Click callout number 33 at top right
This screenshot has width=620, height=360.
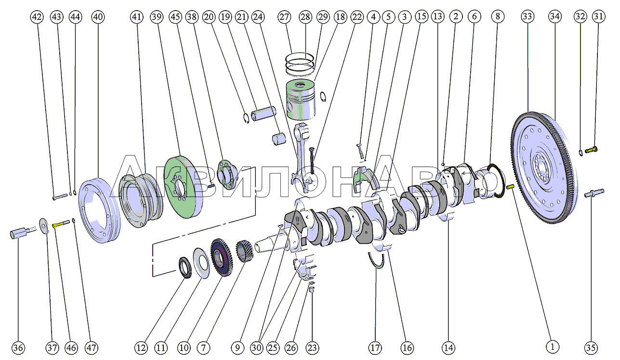pyautogui.click(x=528, y=17)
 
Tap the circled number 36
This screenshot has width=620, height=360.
pyautogui.click(x=18, y=347)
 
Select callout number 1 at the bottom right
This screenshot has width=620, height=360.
pyautogui.click(x=553, y=346)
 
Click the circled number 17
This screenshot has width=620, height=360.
pyautogui.click(x=375, y=347)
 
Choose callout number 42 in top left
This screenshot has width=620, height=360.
pyautogui.click(x=37, y=17)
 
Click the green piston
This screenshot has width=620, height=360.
pyautogui.click(x=301, y=99)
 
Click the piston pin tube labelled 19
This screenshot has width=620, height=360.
pyautogui.click(x=263, y=115)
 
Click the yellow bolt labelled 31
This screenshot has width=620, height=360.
pyautogui.click(x=591, y=150)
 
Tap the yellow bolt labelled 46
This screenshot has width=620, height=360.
pyautogui.click(x=59, y=224)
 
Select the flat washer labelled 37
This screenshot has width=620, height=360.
pyautogui.click(x=44, y=224)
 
